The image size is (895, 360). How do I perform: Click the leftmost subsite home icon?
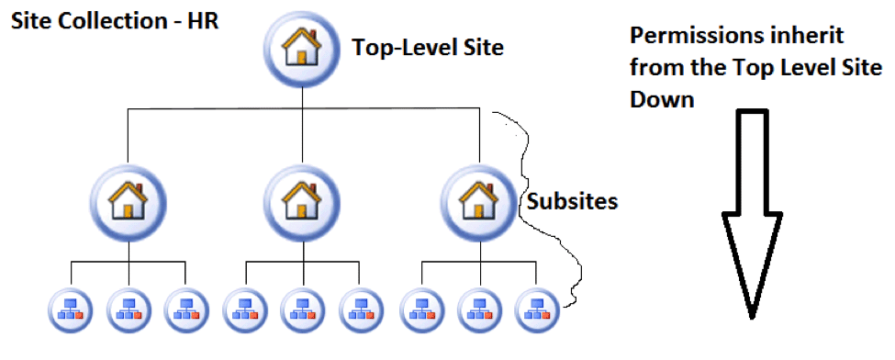click(129, 200)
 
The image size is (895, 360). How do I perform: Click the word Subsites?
click(572, 201)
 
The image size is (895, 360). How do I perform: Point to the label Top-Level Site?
click(428, 48)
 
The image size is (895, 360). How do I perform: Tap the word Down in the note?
click(662, 98)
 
